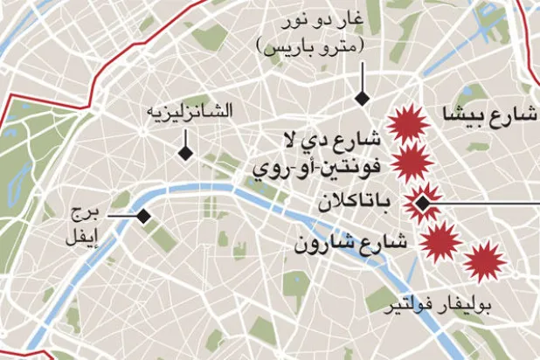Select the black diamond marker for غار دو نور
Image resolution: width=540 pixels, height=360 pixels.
click(x=359, y=99)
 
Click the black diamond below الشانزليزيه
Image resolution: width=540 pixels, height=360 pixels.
click(x=185, y=154)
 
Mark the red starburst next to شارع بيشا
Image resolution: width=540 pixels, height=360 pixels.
click(x=407, y=125)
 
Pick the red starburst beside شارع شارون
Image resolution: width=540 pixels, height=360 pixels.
click(x=441, y=240)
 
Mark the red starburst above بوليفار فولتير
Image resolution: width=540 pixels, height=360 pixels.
click(x=482, y=262)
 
